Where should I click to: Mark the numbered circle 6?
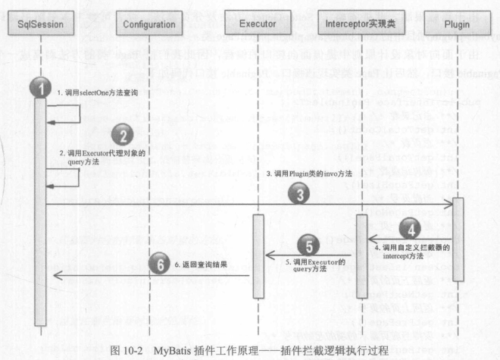pyautogui.click(x=157, y=264)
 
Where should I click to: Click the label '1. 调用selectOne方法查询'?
pyautogui.click(x=95, y=92)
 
